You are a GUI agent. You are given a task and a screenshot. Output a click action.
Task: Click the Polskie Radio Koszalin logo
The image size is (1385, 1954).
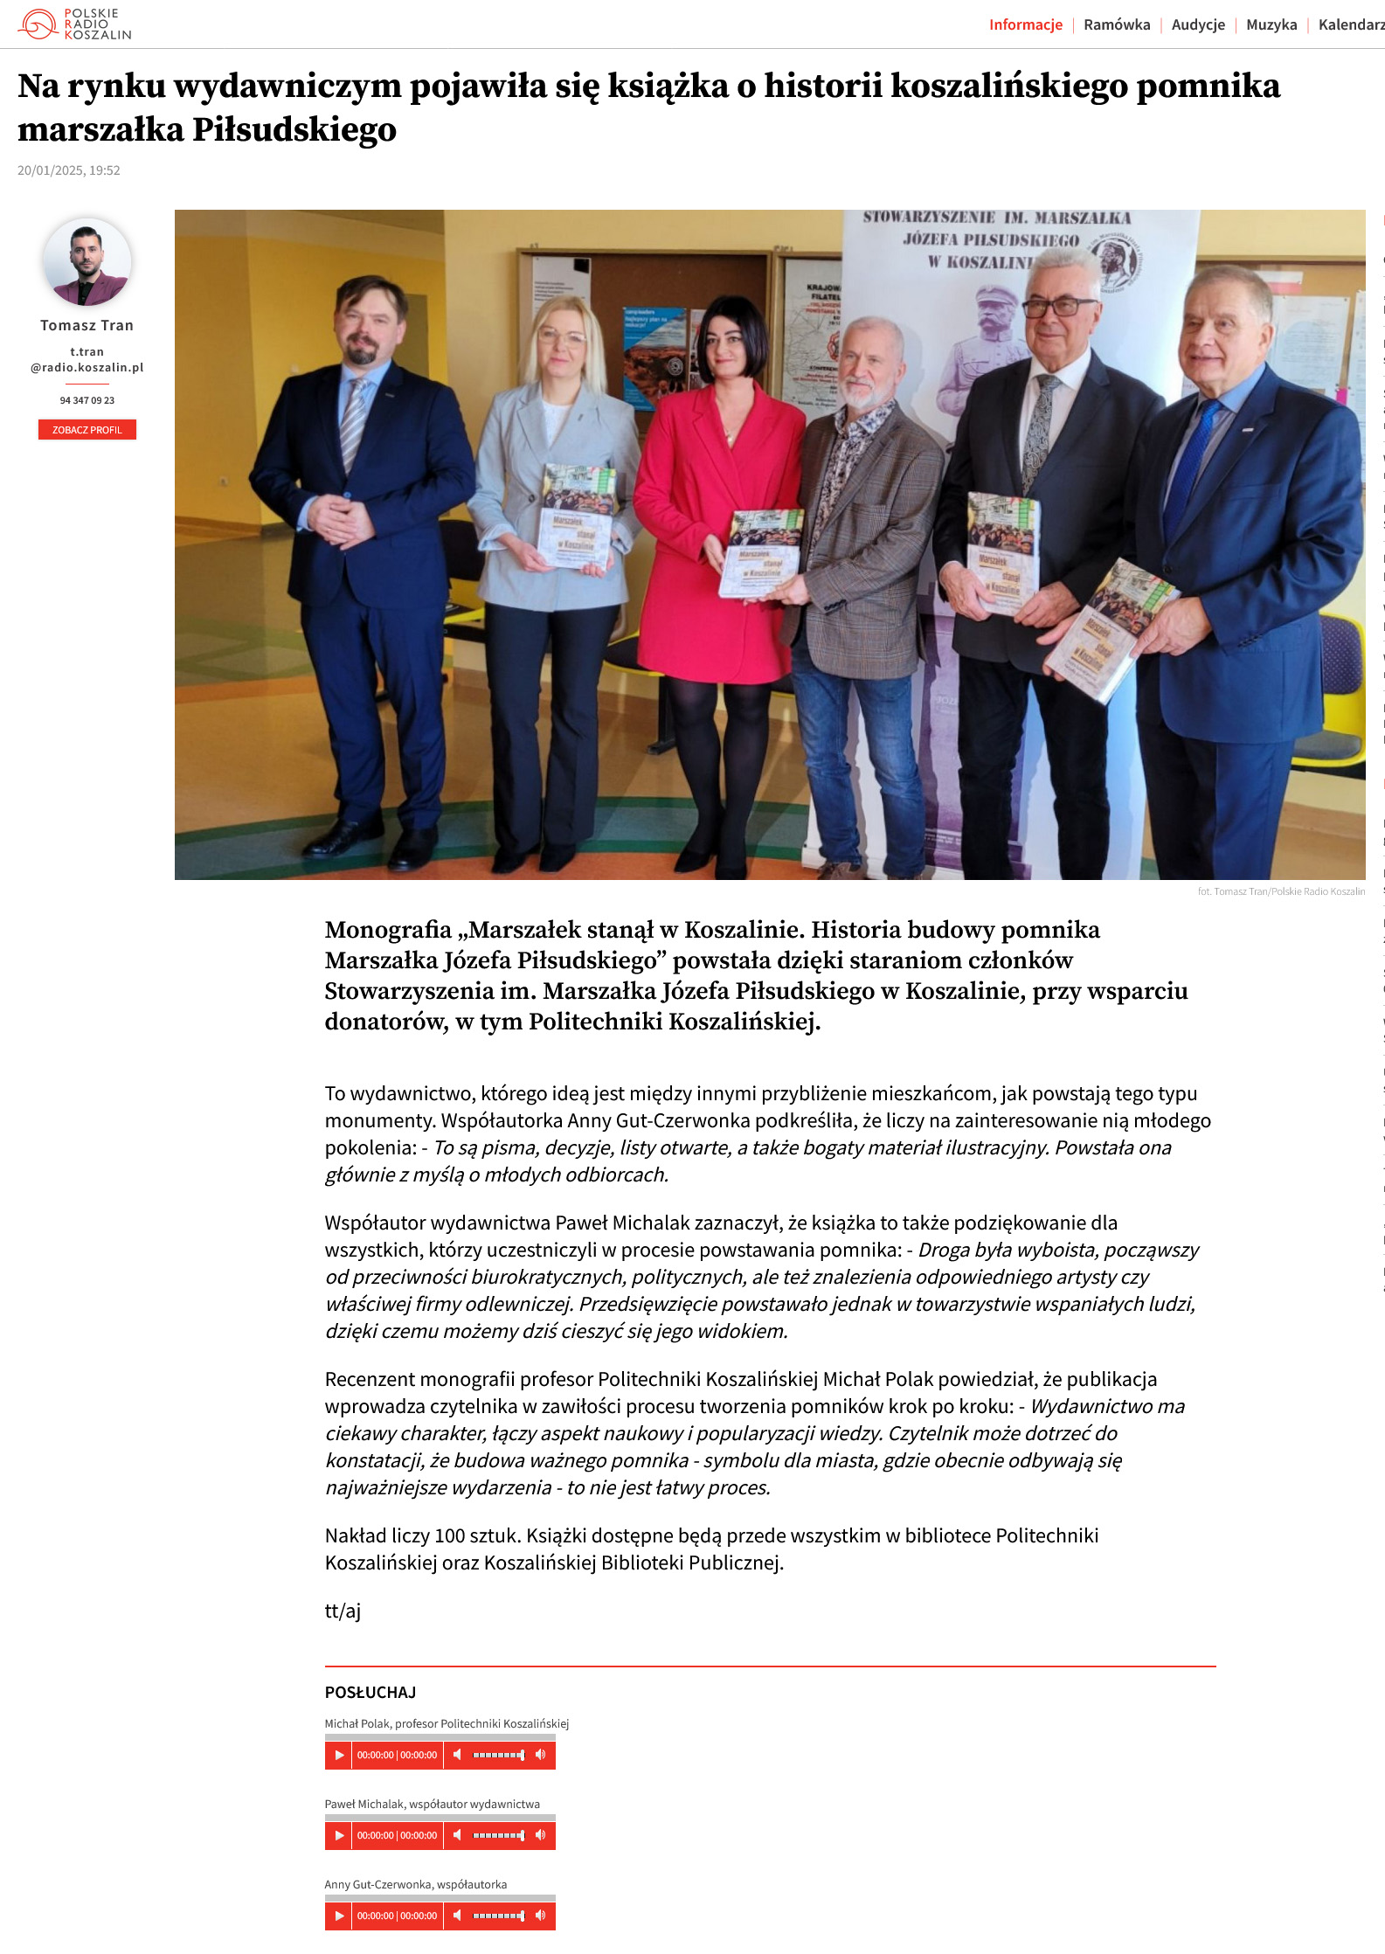point(74,24)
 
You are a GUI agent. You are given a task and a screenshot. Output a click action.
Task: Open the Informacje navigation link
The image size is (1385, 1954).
point(1025,24)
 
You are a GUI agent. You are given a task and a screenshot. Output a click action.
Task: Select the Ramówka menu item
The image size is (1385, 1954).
point(1117,24)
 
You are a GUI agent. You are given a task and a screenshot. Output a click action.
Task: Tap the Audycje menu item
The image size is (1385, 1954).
point(1198,24)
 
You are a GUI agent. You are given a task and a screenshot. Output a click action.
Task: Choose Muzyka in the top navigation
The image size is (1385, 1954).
point(1271,24)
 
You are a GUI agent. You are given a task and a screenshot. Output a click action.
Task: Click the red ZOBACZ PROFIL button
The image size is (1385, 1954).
point(87,430)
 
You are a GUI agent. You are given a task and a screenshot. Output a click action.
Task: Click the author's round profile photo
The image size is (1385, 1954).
point(87,262)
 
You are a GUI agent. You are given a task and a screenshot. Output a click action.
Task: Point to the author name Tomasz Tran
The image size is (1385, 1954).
point(87,325)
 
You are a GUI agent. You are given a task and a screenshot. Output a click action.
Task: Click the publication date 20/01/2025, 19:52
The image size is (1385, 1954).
point(69,170)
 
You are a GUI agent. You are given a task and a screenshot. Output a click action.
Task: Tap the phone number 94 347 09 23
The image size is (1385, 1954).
point(87,400)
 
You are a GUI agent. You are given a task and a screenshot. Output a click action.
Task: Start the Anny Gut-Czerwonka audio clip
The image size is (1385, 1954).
point(339,1916)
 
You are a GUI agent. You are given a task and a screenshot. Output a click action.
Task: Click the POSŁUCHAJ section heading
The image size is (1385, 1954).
point(370,1693)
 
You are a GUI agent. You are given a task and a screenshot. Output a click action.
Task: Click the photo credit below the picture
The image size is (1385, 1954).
point(1281,891)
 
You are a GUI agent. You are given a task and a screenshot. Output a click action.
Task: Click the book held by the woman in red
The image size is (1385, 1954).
point(760,555)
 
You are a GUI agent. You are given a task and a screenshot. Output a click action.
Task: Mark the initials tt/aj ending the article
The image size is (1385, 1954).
point(343,1611)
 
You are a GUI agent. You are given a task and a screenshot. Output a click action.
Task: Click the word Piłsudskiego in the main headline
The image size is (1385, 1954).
point(294,129)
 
